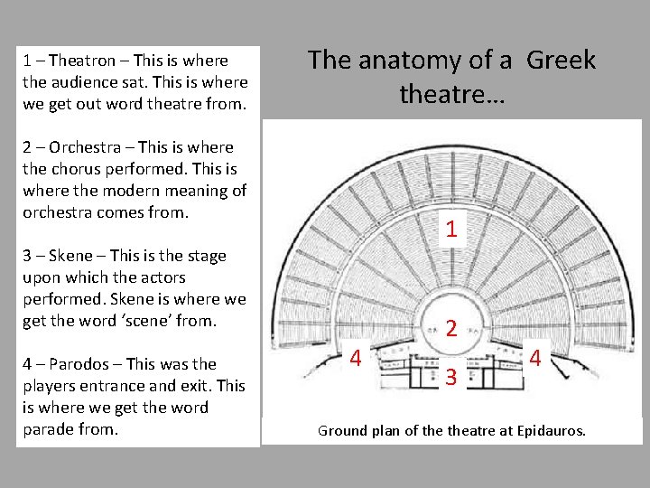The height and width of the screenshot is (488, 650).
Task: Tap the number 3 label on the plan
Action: coord(450,376)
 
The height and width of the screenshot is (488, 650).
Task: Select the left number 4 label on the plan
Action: coord(356,360)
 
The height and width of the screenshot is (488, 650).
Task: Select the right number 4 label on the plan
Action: coord(535,358)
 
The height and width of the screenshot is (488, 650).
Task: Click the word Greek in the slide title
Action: coord(561,61)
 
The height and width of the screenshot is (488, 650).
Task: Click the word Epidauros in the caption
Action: coord(551,431)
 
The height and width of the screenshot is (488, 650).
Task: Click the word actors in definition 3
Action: coord(162,277)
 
